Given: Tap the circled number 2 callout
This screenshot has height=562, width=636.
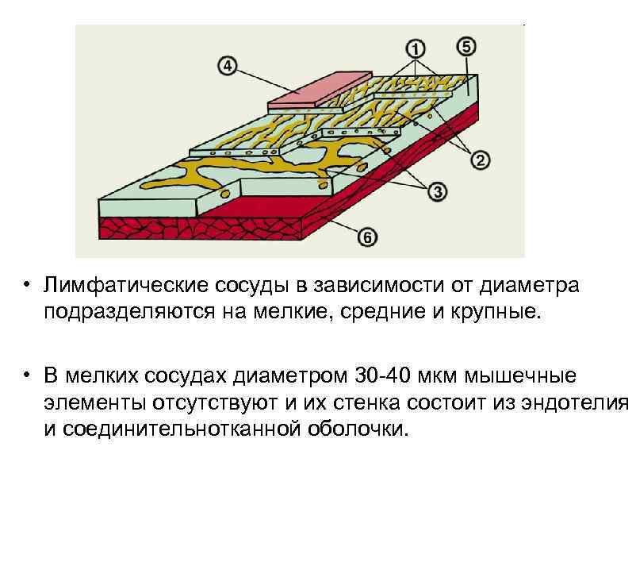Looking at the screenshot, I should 481,160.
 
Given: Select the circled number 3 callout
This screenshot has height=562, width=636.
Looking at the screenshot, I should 438,191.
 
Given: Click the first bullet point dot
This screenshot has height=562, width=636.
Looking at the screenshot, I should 26,286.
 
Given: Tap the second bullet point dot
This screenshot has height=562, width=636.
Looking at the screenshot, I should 26,374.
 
